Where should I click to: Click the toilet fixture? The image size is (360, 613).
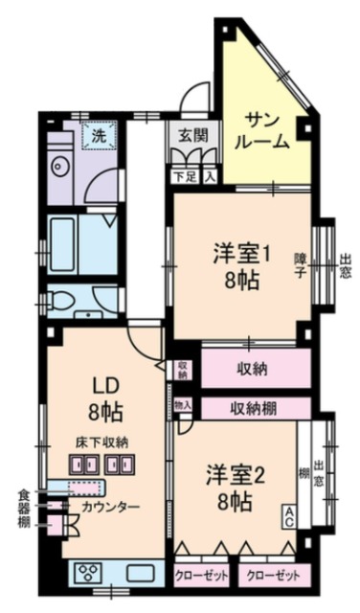(x=62, y=299)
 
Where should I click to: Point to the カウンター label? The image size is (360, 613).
(x=111, y=506)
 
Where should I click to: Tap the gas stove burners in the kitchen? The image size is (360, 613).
(x=91, y=574)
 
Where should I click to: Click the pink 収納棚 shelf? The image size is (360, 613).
(x=254, y=407)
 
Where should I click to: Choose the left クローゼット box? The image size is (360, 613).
(x=200, y=577)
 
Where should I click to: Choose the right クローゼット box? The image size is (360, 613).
(x=274, y=577)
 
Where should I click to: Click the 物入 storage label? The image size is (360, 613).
(x=184, y=406)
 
